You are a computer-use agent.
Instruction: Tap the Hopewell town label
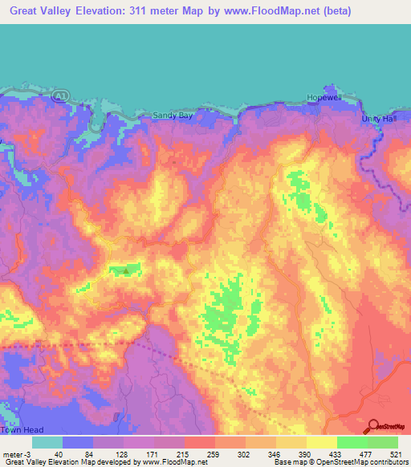[x=324, y=98]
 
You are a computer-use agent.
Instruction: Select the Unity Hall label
[x=380, y=119]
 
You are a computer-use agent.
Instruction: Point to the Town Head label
[x=19, y=431]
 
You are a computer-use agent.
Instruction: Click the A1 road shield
[x=59, y=95]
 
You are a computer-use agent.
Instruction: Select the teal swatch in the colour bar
[x=47, y=442]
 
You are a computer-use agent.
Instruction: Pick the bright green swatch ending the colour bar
[x=382, y=442]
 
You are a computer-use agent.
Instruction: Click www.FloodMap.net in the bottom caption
[x=170, y=461]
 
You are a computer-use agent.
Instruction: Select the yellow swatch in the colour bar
[x=321, y=442]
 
